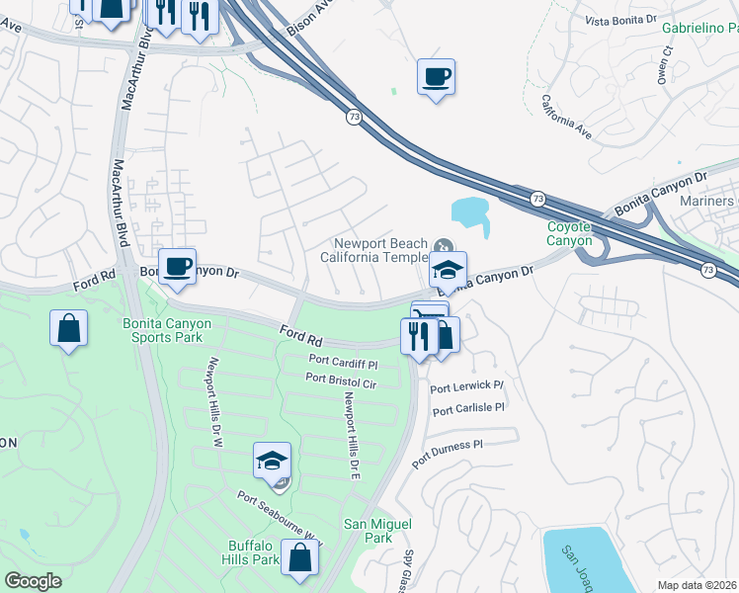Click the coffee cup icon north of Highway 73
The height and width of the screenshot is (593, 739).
pos(436,76)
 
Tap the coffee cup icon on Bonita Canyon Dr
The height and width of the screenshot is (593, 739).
pos(178,267)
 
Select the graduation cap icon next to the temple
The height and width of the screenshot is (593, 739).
pos(448,271)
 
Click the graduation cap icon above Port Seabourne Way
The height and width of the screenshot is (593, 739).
pos(272,462)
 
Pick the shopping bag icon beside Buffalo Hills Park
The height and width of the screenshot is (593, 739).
pos(299,557)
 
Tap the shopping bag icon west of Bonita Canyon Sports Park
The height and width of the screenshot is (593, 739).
pos(69,329)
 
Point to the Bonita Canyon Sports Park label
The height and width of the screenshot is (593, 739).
pos(162,330)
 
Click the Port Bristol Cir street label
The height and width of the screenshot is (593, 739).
pos(341,378)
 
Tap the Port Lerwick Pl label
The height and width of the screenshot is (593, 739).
pos(467,386)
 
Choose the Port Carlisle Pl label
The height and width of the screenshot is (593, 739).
pos(468,408)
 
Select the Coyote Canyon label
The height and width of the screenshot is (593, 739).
pos(569,234)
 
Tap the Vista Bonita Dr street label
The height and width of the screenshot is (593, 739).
pos(620,20)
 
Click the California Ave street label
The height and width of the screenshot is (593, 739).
pos(565,118)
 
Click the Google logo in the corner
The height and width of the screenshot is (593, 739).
pos(33,581)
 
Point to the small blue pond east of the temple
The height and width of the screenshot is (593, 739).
pos(471,214)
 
